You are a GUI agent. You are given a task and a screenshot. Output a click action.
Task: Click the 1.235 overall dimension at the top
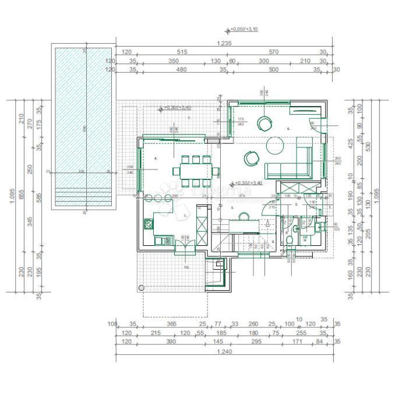point(224,44)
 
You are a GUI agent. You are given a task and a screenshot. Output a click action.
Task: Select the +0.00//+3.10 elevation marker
point(244,29)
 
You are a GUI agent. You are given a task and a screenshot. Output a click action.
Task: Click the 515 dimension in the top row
point(182,52)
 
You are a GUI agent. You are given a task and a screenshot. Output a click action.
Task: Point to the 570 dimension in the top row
point(274,52)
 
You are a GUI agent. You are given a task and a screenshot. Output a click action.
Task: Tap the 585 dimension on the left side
point(39,198)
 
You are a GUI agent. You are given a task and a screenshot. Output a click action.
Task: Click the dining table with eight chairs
point(196,171)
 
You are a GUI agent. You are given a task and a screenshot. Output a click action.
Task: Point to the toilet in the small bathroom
point(288,241)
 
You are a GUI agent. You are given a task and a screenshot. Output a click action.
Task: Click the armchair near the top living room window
point(266,124)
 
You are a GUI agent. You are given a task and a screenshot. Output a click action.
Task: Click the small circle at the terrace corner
point(141,288)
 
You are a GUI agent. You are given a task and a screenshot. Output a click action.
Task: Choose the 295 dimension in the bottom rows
point(257,341)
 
